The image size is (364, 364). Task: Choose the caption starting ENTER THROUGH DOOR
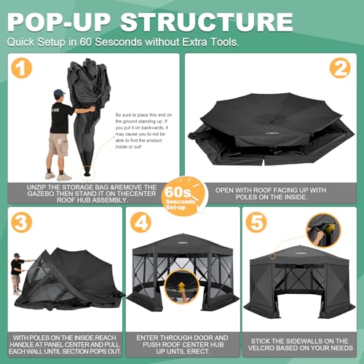point(182,342)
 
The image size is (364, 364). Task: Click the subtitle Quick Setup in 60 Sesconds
point(124,42)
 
